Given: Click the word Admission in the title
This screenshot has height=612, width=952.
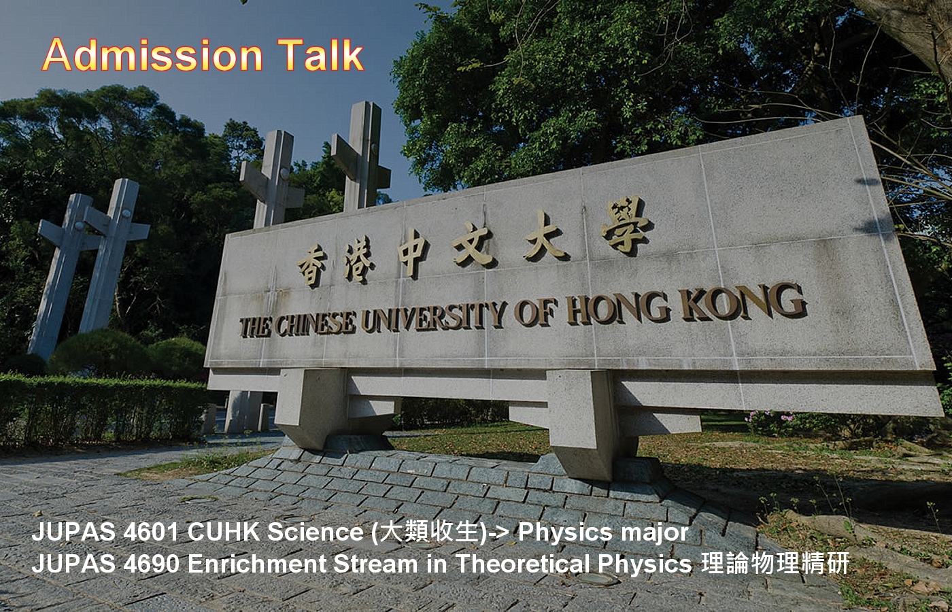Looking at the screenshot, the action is coord(152,55).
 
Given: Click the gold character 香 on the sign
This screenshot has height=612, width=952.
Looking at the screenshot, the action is coord(312,267).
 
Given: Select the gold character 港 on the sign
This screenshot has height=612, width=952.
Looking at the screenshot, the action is coord(359,258).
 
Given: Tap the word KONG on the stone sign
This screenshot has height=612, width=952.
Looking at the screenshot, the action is coord(744,301).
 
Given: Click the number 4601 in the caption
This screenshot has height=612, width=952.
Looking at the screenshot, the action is coord(150,532).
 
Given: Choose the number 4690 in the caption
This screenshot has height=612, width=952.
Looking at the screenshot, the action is coord(150,564).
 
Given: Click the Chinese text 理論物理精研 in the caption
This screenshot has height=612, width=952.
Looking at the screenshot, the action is coord(775,563).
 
